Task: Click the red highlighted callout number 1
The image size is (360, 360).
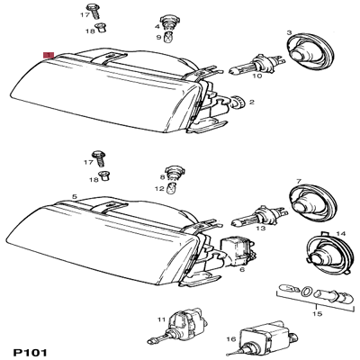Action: [x=49, y=55]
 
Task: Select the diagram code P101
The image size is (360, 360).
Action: [x=31, y=353]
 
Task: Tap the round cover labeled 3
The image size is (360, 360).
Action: [x=309, y=51]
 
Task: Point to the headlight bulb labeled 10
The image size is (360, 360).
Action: [x=255, y=64]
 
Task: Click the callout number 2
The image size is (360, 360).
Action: [x=252, y=103]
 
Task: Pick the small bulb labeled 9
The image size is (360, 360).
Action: [x=168, y=37]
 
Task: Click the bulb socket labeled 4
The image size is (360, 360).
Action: [x=167, y=22]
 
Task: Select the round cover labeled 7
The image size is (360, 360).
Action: [x=312, y=201]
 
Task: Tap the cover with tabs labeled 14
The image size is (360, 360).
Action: [x=328, y=252]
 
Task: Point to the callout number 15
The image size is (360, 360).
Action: [x=318, y=314]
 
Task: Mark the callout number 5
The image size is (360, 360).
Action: [x=75, y=197]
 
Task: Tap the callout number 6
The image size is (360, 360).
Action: [x=242, y=269]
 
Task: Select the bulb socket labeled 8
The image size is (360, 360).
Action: [x=172, y=173]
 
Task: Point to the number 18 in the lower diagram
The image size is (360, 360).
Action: [x=94, y=180]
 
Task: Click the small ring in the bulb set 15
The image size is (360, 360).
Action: [x=307, y=291]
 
